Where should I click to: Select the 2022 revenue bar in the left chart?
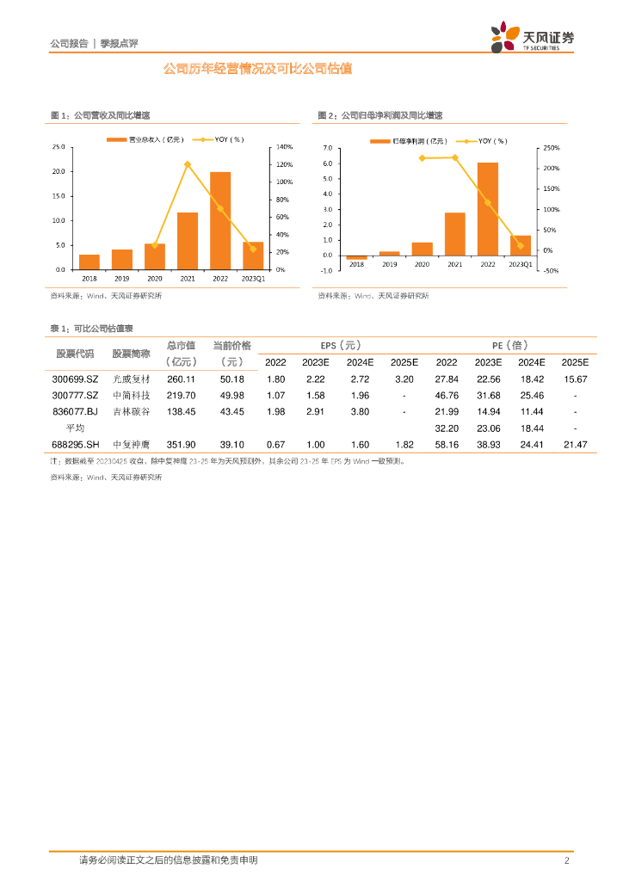[220, 220]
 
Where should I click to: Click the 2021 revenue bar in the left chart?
[188, 241]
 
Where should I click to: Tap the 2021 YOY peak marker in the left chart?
[188, 164]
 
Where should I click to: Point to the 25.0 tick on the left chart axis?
[59, 147]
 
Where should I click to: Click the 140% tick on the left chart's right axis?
[285, 147]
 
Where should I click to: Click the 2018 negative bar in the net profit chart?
[357, 256]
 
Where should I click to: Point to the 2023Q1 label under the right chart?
[521, 265]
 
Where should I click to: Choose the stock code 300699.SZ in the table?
[77, 379]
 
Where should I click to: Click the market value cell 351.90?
[182, 444]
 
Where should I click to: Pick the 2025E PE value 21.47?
[574, 444]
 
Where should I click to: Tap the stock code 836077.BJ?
[77, 411]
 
